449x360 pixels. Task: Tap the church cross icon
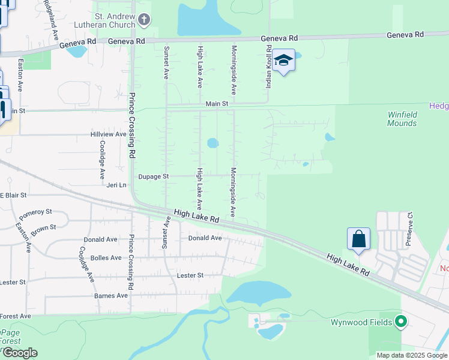click(x=144, y=20)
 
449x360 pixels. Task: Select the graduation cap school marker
click(x=283, y=61)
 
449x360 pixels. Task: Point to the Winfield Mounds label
click(x=402, y=119)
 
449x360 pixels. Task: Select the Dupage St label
click(x=154, y=177)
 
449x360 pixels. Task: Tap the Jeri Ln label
click(x=117, y=186)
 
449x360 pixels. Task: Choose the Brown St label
click(x=43, y=229)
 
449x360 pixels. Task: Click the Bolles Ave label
click(x=106, y=258)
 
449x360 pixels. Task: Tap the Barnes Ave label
click(x=111, y=296)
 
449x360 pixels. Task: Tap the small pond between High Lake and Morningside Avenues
click(x=212, y=143)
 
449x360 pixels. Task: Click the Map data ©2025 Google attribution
click(x=411, y=355)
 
